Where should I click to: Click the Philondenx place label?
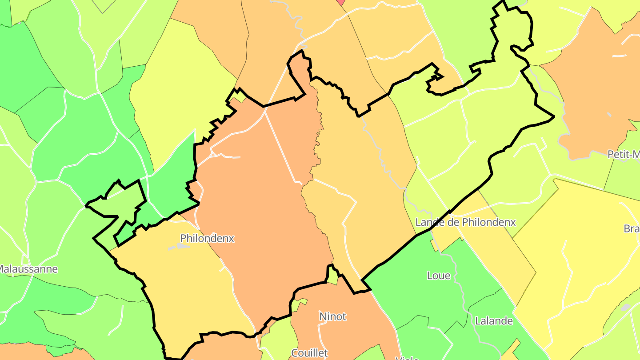tap(207, 239)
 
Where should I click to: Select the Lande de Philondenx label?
tap(465, 222)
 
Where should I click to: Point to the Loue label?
tap(438, 276)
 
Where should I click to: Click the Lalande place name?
tap(494, 321)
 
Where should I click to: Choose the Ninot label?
tap(332, 316)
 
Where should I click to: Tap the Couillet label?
tap(309, 353)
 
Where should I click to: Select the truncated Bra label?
tap(632, 229)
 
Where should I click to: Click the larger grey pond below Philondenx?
tap(174, 247)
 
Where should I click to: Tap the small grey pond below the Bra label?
tap(625, 307)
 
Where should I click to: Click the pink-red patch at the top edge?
tap(341, 2)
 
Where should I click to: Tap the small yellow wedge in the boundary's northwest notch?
tap(239, 96)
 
